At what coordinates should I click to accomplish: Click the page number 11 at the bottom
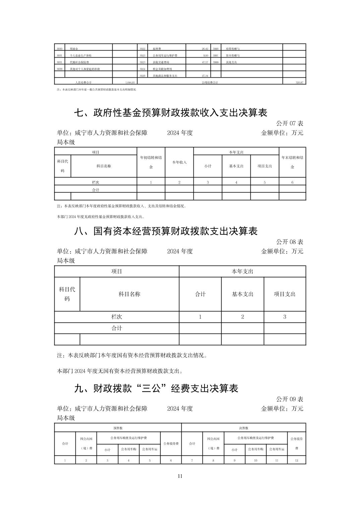click(x=180, y=476)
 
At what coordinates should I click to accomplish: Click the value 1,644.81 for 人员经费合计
click(x=130, y=82)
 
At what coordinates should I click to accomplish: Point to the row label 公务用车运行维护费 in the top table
click(x=165, y=56)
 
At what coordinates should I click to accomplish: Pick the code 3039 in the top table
click(x=60, y=69)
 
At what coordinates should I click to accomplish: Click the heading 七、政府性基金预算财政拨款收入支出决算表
click(x=170, y=113)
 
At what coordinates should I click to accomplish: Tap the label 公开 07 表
click(x=290, y=124)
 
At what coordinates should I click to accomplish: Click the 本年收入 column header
click(x=179, y=162)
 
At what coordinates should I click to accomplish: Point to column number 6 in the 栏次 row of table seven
click(x=292, y=183)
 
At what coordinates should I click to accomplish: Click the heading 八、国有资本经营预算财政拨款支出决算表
click(x=166, y=231)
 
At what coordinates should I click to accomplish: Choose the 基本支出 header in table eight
click(x=243, y=294)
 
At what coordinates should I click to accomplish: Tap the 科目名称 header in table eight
click(x=129, y=294)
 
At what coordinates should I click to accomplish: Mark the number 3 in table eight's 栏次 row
click(x=285, y=317)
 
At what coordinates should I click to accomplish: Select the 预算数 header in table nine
click(x=118, y=428)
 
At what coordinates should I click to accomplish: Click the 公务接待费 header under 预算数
click(x=171, y=443)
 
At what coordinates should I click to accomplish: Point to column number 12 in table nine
click(x=297, y=460)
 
